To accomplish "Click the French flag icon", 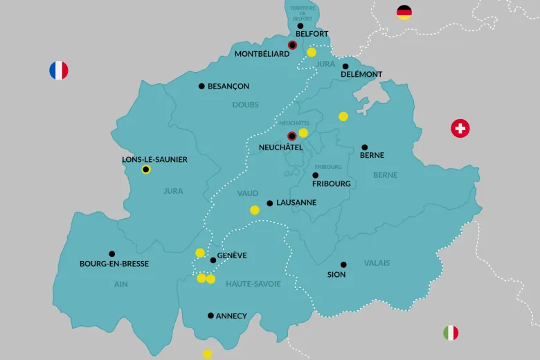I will coord(59,70).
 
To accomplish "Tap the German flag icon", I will coord(404,12).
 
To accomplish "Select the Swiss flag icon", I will coord(460,128).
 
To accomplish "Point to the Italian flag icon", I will coord(451,333).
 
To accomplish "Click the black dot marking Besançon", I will coord(201,87).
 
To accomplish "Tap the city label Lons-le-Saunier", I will coord(154,159).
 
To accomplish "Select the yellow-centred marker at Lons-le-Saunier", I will coord(146,170).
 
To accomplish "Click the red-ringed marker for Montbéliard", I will coord(292,45).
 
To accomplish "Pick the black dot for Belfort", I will coord(300,26).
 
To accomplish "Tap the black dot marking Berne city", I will coord(365,147).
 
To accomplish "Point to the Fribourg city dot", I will coord(316,175).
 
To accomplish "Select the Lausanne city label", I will coord(296,203).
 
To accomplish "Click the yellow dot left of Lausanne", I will coord(255,210).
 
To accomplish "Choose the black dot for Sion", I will coord(343,264).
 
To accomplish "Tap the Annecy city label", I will coord(231,316).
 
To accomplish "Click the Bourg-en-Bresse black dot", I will coord(112,254).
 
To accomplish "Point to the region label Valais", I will coord(377,263).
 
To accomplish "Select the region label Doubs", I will coord(246,105).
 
